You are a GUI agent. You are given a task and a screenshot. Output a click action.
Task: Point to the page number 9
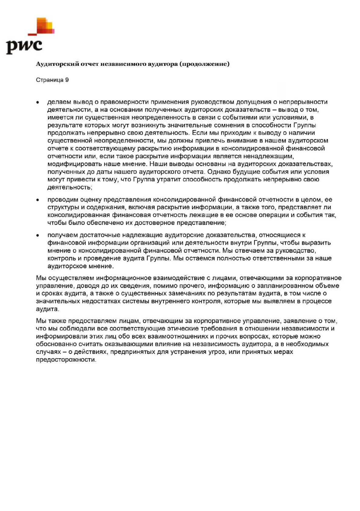pos(67,80)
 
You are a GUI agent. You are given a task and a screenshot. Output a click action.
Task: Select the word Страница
pos(49,80)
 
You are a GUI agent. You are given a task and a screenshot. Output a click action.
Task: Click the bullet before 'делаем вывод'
pos(38,102)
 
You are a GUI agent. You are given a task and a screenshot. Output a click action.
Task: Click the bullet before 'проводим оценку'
pos(38,200)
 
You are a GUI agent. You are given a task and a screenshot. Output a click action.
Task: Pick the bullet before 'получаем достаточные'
pos(38,235)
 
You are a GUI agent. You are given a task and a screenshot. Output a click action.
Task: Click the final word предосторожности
pos(66,360)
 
